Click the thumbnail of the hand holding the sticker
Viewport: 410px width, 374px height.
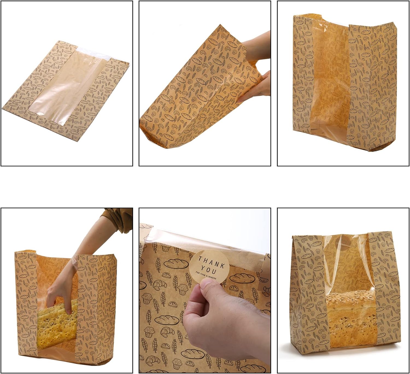(205, 291)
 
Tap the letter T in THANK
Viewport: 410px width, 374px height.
(200, 258)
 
